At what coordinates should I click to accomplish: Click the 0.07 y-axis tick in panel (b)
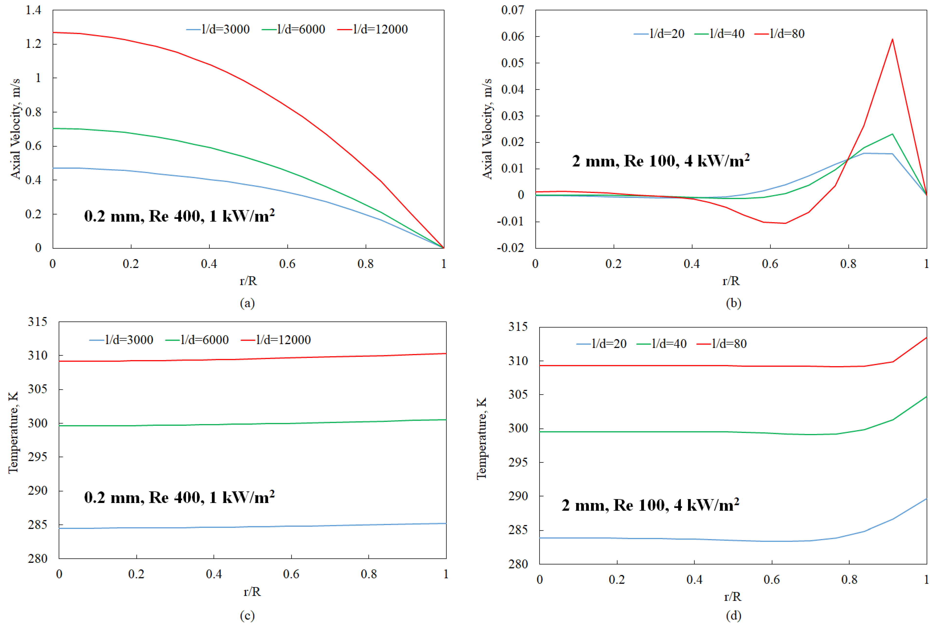point(513,10)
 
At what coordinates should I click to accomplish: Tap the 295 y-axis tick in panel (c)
point(37,457)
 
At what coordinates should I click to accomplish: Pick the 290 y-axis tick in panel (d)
point(518,496)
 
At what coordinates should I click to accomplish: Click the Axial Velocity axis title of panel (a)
point(15,129)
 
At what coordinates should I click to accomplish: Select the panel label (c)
point(247,615)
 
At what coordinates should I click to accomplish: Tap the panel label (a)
point(247,303)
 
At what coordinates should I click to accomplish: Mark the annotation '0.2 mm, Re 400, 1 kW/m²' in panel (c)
point(179,497)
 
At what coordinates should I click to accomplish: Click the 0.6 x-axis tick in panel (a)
point(287,264)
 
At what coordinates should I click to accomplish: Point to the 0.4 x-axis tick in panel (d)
point(694,579)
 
